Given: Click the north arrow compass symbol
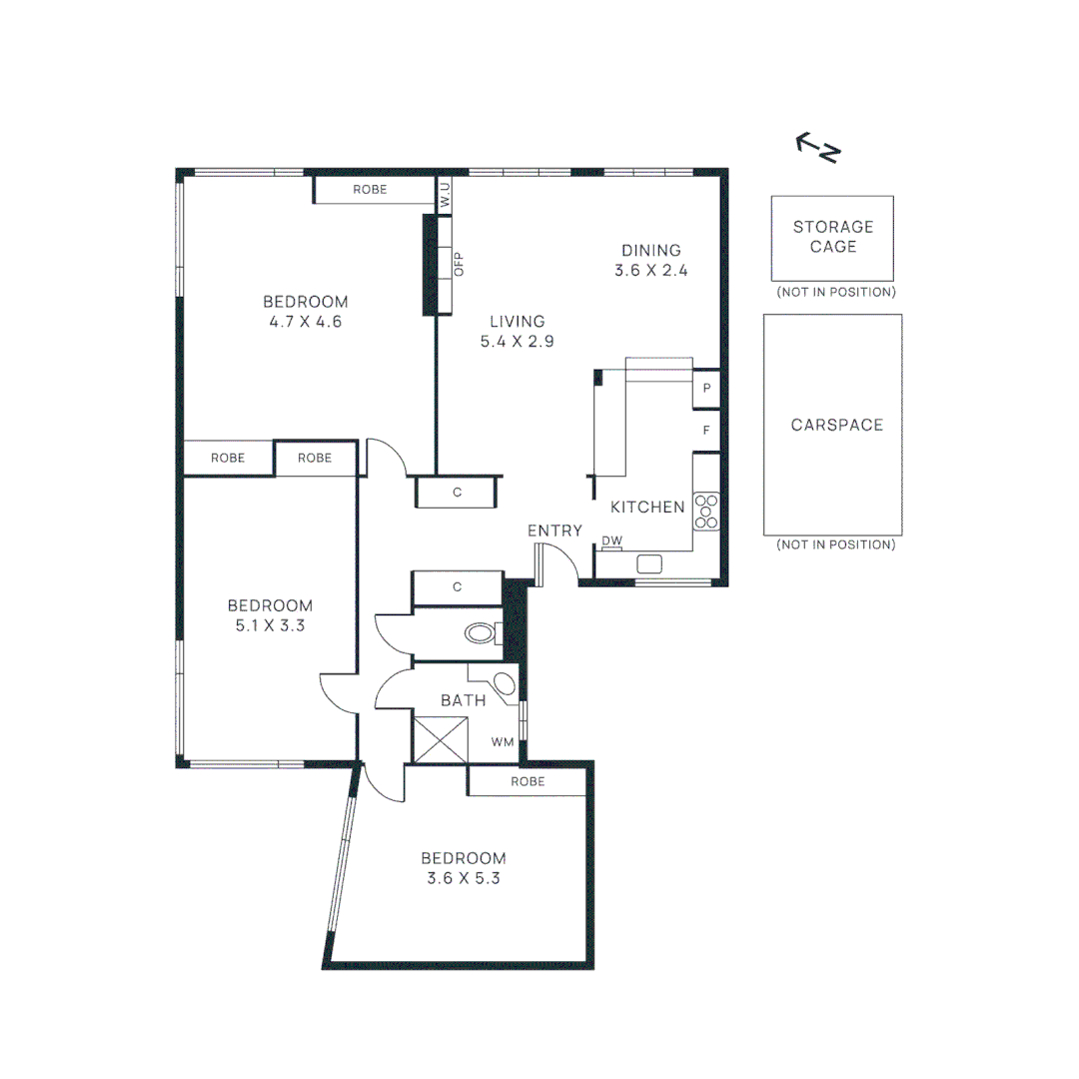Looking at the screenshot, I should [x=818, y=148].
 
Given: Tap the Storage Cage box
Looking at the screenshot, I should [x=832, y=238].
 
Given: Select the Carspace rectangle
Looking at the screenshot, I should [x=832, y=425].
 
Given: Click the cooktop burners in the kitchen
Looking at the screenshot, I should [x=706, y=511].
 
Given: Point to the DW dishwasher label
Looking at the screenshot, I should [x=611, y=542].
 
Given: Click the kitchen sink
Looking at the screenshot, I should [x=649, y=564].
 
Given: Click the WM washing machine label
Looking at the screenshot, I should [x=503, y=742].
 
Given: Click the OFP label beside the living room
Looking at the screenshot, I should [x=459, y=264].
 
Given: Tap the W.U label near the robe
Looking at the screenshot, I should [x=446, y=195].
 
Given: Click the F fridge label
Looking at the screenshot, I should [x=706, y=431].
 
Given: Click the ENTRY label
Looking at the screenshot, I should [x=554, y=531].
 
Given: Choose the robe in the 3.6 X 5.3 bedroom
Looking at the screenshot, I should [x=528, y=781].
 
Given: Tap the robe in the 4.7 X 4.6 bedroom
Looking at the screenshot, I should [x=370, y=190].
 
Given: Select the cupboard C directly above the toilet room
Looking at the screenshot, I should [x=457, y=587].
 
